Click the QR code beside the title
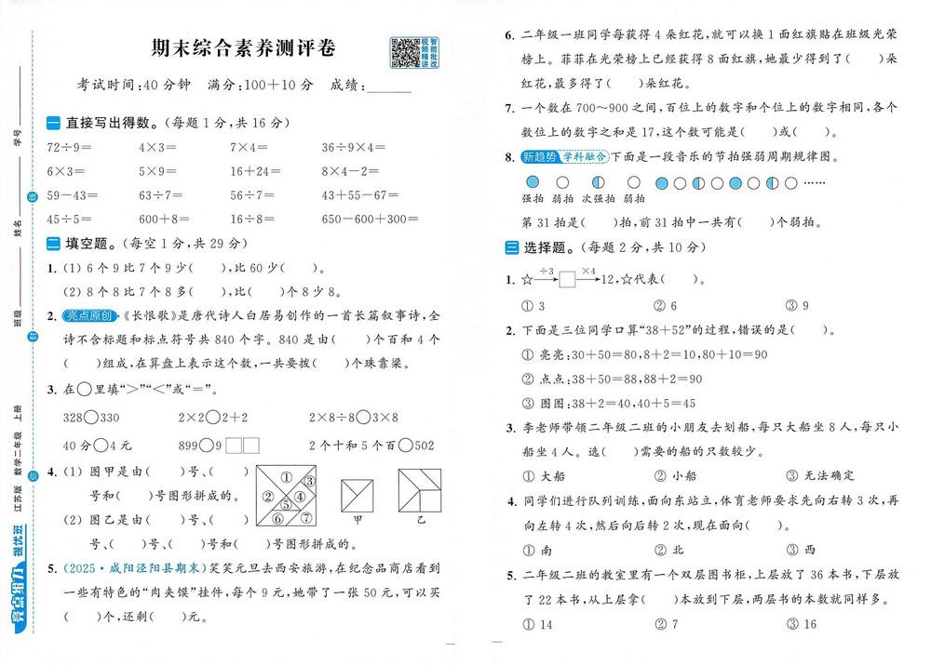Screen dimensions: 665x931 403,53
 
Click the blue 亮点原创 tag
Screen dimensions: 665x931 90,315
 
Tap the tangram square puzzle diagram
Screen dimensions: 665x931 286,496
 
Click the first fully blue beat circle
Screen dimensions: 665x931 532,183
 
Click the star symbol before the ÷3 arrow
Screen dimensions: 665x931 527,279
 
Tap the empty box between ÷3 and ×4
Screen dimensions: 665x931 568,279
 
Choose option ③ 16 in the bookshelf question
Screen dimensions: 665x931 802,624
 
